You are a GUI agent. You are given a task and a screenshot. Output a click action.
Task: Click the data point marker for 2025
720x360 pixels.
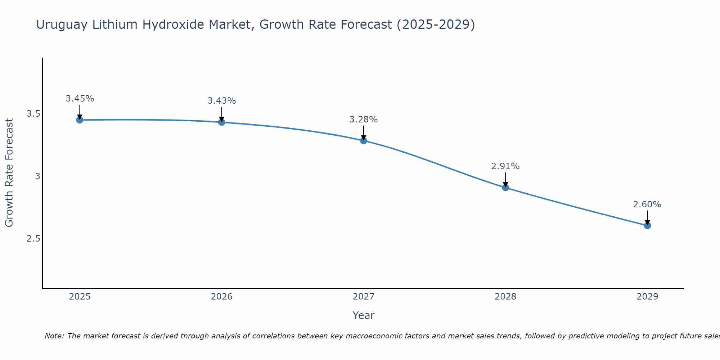tap(80, 120)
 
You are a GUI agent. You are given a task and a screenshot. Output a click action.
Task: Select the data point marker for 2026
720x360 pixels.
tap(221, 122)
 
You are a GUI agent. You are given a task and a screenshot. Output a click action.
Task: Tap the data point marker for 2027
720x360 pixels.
tap(364, 141)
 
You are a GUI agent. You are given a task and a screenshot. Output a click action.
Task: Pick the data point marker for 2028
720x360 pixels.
tap(505, 188)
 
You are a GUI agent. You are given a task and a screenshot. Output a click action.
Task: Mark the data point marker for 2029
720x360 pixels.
tap(647, 226)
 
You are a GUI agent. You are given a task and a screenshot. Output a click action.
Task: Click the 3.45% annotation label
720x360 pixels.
tap(80, 99)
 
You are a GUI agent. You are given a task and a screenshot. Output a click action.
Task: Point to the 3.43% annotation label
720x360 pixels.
tap(221, 101)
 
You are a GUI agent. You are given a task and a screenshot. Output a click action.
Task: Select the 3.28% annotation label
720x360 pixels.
tap(364, 120)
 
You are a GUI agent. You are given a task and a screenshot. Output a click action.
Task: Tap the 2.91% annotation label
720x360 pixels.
tap(505, 166)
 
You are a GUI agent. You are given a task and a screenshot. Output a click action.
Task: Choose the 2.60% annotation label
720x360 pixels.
tap(647, 204)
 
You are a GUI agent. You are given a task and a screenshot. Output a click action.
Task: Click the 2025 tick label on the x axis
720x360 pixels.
tap(80, 297)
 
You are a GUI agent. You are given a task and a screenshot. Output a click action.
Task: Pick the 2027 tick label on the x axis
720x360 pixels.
tap(364, 297)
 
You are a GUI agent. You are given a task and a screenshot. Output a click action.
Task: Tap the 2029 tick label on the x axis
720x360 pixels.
tap(647, 297)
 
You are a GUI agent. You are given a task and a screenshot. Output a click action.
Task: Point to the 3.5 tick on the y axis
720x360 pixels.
tap(33, 114)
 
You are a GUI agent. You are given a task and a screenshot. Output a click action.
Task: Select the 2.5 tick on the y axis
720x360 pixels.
tap(33, 239)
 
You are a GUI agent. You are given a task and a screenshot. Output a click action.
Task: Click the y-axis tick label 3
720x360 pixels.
tap(37, 176)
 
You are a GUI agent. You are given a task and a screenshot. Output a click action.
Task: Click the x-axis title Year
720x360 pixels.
tap(364, 315)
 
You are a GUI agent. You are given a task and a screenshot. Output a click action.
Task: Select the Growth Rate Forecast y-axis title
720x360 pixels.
tap(9, 173)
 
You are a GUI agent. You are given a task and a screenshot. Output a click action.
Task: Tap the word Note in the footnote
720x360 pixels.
tap(54, 336)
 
